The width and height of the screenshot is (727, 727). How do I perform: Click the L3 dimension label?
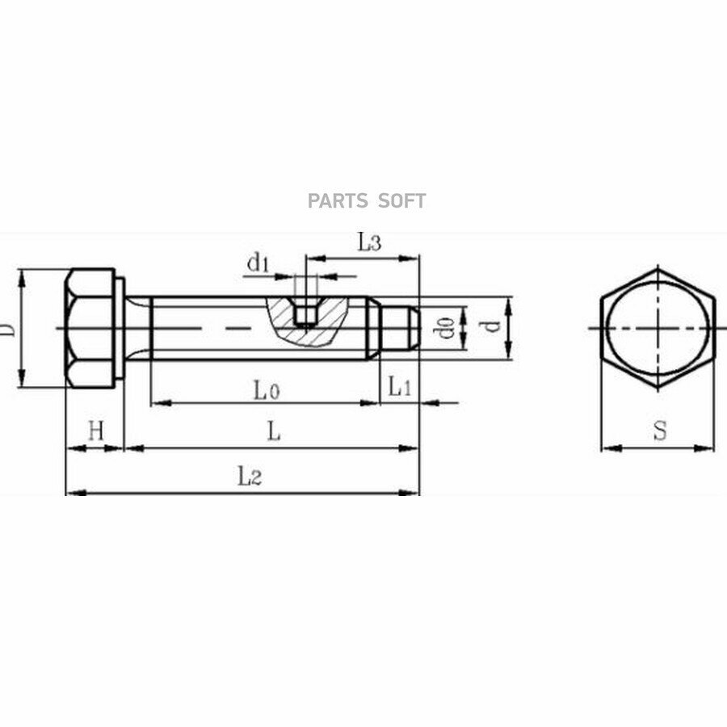point(369,242)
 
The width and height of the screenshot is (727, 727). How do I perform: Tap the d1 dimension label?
point(258,263)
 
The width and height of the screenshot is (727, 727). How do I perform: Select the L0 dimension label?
point(267,390)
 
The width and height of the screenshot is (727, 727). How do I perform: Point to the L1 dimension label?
point(399,386)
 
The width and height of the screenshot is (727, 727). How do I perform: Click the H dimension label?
point(96,431)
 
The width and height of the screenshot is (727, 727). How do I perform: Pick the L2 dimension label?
point(250,477)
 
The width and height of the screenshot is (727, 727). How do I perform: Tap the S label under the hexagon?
point(660,431)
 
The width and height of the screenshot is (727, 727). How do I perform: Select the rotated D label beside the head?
point(7,330)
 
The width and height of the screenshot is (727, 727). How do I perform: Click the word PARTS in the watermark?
point(338,201)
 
